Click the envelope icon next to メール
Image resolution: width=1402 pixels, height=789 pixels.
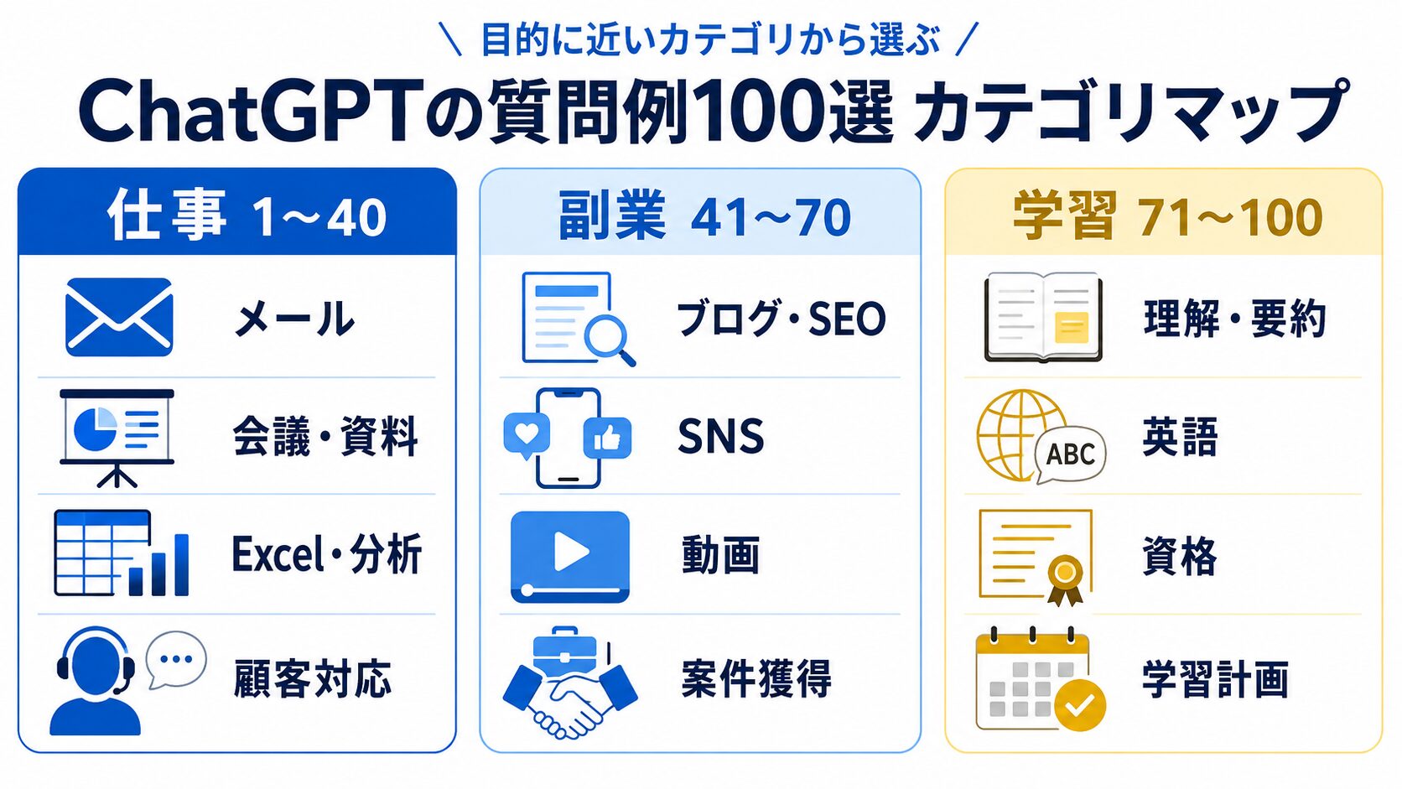click(x=119, y=317)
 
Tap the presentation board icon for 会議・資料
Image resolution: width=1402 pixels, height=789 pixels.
click(x=117, y=438)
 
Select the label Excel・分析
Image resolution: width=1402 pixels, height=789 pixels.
click(x=327, y=554)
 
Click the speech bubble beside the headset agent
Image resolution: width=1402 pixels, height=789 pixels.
click(x=176, y=660)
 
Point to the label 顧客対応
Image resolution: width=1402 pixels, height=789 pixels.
click(x=312, y=678)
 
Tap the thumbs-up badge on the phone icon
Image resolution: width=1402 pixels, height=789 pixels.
click(x=607, y=438)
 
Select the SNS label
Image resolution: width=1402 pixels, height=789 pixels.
click(x=721, y=436)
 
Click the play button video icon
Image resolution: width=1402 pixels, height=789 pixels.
click(x=569, y=557)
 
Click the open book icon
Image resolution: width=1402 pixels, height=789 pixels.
click(x=1043, y=317)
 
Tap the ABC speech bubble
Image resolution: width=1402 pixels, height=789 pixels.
click(x=1071, y=454)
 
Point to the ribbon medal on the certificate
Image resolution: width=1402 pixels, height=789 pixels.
click(x=1065, y=579)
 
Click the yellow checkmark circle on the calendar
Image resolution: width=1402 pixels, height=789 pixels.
click(x=1080, y=705)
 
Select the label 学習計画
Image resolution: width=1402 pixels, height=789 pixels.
click(x=1216, y=679)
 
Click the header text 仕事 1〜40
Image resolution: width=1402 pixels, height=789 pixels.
click(x=247, y=217)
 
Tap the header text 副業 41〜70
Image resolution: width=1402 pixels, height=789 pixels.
click(x=704, y=217)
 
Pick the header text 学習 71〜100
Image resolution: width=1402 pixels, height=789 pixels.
click(x=1168, y=217)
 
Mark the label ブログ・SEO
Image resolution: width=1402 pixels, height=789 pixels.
click(x=781, y=319)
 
